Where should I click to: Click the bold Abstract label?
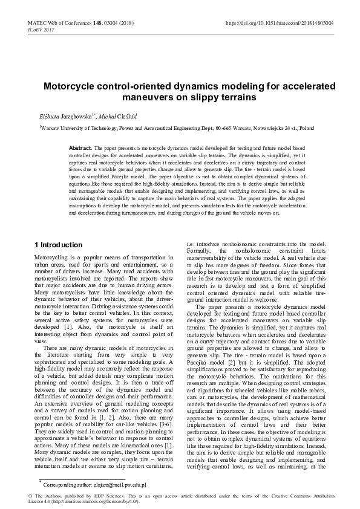[x=80, y=148]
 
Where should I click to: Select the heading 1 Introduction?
[x=58, y=245]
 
